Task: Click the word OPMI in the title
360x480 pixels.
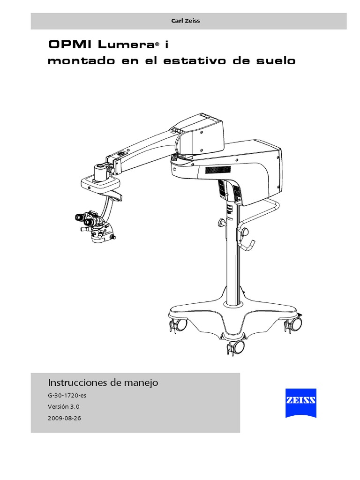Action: pos(70,45)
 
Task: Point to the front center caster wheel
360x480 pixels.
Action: pos(237,347)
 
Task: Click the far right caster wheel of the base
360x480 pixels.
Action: pos(295,323)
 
